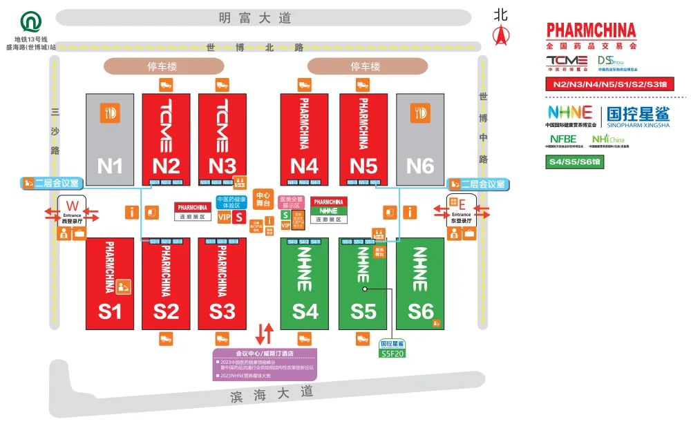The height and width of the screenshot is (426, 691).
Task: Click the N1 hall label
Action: click(x=110, y=166)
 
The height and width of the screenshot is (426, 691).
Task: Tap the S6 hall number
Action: click(x=420, y=311)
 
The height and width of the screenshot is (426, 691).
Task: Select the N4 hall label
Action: click(x=304, y=166)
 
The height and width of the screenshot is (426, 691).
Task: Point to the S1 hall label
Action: click(x=109, y=311)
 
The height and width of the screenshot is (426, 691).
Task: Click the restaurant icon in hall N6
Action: click(x=419, y=113)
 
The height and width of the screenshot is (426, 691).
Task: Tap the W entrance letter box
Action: click(x=72, y=205)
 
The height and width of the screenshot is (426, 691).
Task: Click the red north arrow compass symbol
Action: click(x=500, y=35)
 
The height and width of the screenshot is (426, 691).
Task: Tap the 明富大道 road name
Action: click(x=265, y=18)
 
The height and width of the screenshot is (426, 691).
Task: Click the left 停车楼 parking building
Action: click(x=162, y=67)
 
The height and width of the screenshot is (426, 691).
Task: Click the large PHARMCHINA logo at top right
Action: click(x=591, y=30)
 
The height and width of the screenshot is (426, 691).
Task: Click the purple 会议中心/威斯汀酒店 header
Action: click(x=265, y=353)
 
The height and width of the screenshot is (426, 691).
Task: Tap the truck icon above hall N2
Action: click(x=165, y=85)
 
